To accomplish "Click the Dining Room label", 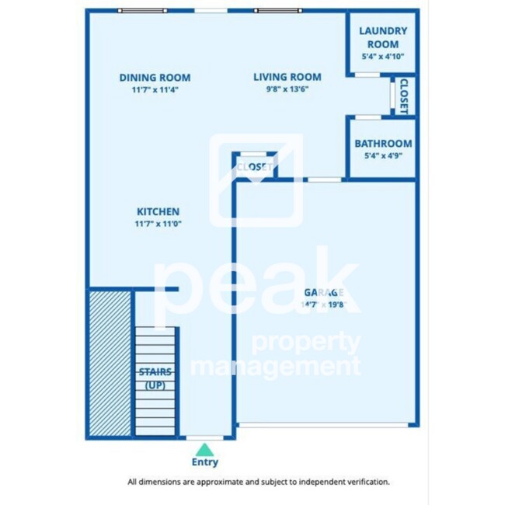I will (x=155, y=78).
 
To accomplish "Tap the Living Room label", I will (x=287, y=77).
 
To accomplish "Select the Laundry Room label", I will (x=382, y=37).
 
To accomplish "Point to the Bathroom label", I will (x=383, y=144).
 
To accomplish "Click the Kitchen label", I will (x=158, y=211).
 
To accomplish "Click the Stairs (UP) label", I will (x=155, y=379).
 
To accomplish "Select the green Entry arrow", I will (x=204, y=449).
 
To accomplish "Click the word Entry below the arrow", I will (x=204, y=462).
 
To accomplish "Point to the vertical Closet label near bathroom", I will (x=403, y=96).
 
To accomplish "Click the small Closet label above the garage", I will (x=254, y=167).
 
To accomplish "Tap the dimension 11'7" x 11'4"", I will (x=155, y=89).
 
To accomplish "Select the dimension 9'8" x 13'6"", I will (x=287, y=89).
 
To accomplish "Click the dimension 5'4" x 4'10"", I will (x=382, y=57).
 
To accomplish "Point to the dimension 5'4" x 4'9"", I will (x=383, y=155).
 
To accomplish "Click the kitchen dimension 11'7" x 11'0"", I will (x=158, y=224).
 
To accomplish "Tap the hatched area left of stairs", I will (x=109, y=361).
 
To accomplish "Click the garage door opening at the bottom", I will (x=324, y=424).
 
